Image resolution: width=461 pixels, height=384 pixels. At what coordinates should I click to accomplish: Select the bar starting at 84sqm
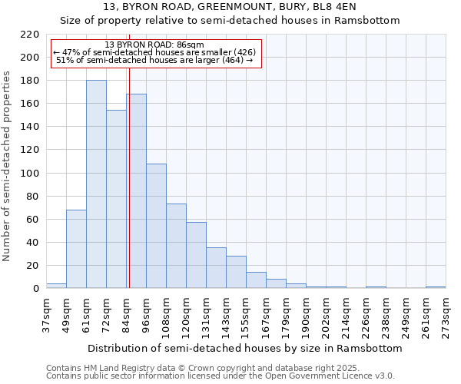pyautogui.click(x=137, y=191)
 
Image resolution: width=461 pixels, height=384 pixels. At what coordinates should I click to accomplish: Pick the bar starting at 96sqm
pyautogui.click(x=156, y=226)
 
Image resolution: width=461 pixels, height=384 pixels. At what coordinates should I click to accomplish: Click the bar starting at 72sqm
pyautogui.click(x=116, y=199)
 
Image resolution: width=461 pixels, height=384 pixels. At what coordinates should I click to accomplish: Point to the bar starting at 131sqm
pyautogui.click(x=216, y=268)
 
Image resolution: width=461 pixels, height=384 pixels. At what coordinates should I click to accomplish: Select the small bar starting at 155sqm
pyautogui.click(x=256, y=280)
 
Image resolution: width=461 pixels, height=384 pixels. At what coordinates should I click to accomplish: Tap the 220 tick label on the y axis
pyautogui.click(x=30, y=35)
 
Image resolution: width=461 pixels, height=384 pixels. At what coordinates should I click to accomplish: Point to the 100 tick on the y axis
pyautogui.click(x=30, y=173)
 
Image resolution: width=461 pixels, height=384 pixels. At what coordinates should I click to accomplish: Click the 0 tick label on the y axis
pyautogui.click(x=36, y=289)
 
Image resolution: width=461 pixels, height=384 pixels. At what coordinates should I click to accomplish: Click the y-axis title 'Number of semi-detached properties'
pyautogui.click(x=8, y=166)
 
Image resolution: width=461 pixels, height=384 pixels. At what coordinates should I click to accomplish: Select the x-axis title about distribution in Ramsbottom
pyautogui.click(x=245, y=348)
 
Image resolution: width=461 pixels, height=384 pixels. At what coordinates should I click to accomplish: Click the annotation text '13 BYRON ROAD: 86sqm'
pyautogui.click(x=154, y=45)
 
